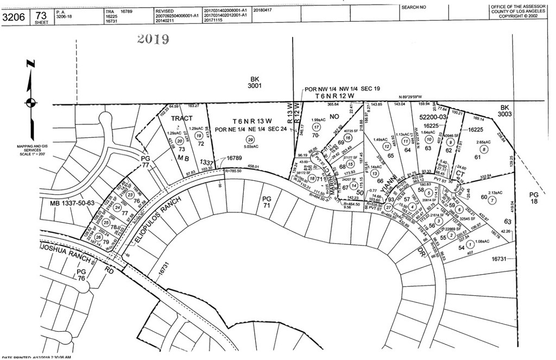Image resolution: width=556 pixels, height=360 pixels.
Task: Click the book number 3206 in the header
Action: coord(14,16)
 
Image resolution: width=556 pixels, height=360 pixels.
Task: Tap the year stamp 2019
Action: coord(153,39)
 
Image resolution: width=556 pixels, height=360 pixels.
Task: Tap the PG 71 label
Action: coord(266,203)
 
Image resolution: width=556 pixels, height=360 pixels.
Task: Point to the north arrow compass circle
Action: coord(30,102)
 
